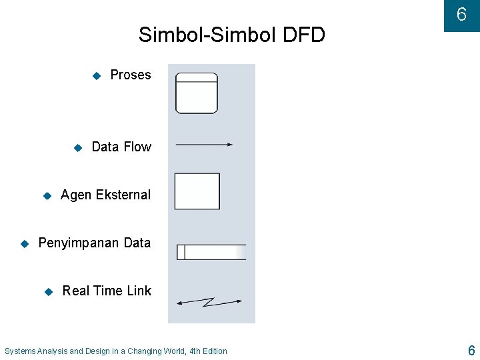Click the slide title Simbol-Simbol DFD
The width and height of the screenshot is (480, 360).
coord(231,35)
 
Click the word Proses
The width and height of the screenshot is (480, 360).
coord(131,75)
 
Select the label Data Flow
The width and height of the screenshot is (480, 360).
coord(121,147)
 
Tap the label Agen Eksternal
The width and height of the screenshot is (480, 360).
coord(105,195)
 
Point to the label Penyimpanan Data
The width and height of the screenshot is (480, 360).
coord(95,243)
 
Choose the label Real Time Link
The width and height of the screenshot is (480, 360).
coord(107,291)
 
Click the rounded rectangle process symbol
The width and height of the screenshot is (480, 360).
coord(197,93)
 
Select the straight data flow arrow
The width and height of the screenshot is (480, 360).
coord(203,144)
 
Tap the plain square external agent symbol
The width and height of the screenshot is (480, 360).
coord(197,191)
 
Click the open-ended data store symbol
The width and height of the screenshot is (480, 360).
coord(211,252)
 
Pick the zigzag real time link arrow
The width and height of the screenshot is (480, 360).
coord(209,302)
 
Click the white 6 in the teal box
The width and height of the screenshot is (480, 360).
coord(461,15)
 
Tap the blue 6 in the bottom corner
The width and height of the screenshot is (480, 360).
coord(471,351)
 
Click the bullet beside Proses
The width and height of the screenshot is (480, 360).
coord(96,75)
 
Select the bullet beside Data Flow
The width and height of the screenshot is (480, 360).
coord(77,147)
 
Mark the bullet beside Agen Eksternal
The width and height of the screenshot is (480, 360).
coord(47,195)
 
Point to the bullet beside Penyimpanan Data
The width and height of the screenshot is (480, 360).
coord(25,243)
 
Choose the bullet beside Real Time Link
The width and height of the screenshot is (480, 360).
coord(48,291)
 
